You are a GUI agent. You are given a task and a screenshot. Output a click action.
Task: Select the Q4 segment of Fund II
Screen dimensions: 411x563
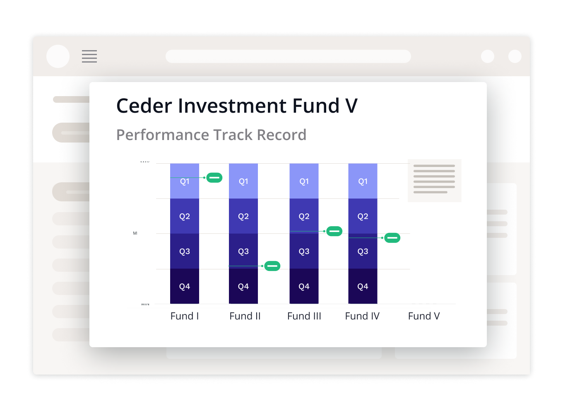[243, 286]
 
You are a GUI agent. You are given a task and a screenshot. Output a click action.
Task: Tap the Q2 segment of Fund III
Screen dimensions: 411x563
[304, 216]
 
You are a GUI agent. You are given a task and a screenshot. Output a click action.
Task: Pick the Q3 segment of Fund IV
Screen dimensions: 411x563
[363, 251]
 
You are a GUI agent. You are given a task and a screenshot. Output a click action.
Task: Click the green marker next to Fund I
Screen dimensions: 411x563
[214, 177]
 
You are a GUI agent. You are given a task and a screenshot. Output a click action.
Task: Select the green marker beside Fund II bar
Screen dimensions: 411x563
[272, 266]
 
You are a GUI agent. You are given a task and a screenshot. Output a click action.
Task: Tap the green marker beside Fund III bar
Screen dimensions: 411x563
[334, 231]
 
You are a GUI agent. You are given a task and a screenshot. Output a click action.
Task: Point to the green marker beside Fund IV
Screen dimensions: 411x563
[392, 238]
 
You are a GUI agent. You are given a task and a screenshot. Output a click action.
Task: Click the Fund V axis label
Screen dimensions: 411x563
[424, 316]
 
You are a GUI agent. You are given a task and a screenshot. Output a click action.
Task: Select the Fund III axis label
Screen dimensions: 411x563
[304, 316]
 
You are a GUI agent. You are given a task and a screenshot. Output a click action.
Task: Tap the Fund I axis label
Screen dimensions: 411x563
[185, 316]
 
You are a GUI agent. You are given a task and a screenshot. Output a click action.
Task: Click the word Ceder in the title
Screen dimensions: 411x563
[144, 106]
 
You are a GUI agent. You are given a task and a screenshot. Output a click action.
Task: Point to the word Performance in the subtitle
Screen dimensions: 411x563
[162, 135]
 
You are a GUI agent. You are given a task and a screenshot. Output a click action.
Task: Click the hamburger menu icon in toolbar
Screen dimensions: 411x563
[89, 56]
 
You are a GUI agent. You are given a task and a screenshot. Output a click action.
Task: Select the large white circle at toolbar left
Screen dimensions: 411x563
[58, 56]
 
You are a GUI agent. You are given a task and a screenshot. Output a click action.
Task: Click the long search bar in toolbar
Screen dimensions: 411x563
[288, 56]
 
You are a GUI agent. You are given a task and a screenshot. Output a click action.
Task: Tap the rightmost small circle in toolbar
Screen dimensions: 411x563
[515, 56]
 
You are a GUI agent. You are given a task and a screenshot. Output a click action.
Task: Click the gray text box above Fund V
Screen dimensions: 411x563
[434, 181]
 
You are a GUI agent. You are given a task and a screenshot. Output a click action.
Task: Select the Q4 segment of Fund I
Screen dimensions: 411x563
[185, 286]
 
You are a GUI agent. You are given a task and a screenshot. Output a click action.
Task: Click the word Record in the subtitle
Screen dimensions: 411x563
[281, 135]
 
